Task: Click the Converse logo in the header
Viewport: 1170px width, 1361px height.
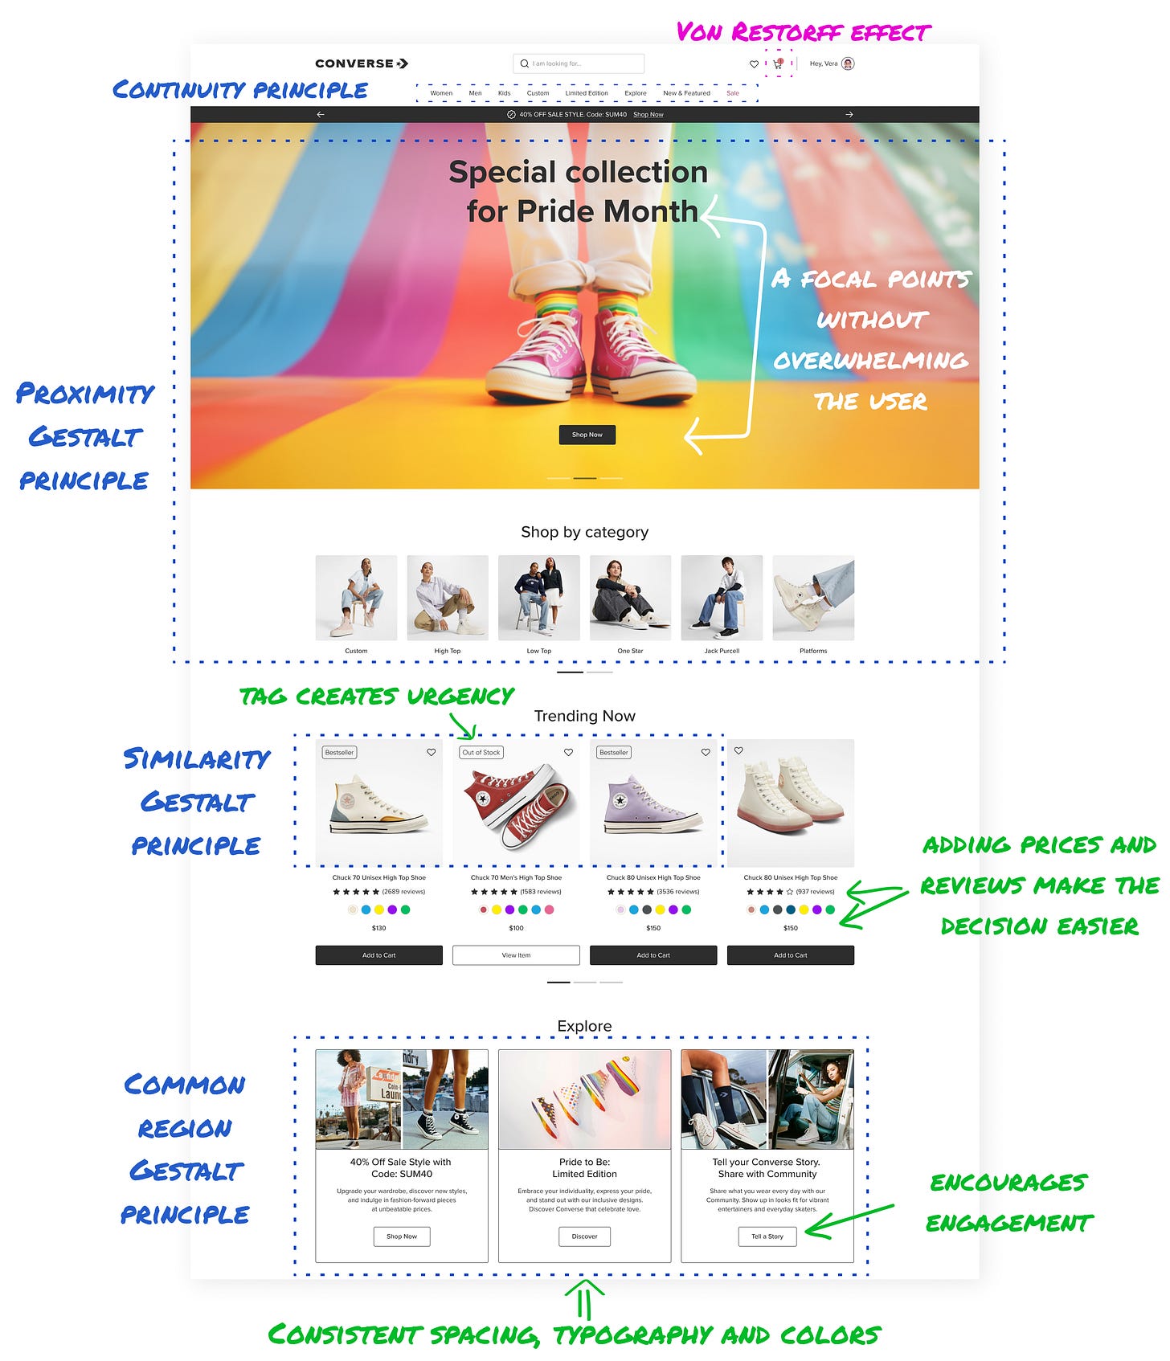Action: point(362,63)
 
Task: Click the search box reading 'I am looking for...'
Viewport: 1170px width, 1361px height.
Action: point(579,63)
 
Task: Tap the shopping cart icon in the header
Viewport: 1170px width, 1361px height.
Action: point(778,63)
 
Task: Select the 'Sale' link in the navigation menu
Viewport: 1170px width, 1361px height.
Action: point(733,93)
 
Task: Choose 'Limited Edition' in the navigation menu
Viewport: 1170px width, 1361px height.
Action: point(587,93)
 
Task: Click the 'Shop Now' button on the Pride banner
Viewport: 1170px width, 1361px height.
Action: point(587,435)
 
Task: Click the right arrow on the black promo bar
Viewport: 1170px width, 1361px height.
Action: point(849,115)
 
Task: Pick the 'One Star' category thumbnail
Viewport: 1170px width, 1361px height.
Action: point(630,598)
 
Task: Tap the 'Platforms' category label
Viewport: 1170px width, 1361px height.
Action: point(813,651)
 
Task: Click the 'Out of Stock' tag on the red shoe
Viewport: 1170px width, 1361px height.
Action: point(481,753)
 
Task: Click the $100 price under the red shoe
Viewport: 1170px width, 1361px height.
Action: point(516,928)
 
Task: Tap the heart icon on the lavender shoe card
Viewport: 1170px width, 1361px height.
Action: point(706,753)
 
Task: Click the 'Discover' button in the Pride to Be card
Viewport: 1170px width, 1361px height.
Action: point(585,1236)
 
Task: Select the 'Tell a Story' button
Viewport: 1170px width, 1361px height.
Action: point(767,1236)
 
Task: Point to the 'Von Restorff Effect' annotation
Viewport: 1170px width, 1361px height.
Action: point(804,32)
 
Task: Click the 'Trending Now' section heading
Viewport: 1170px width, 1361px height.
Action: point(585,716)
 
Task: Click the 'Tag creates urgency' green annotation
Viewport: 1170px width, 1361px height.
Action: point(377,696)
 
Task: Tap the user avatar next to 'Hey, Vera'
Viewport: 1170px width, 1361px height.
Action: point(848,63)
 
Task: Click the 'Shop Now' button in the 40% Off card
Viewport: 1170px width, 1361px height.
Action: point(402,1236)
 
